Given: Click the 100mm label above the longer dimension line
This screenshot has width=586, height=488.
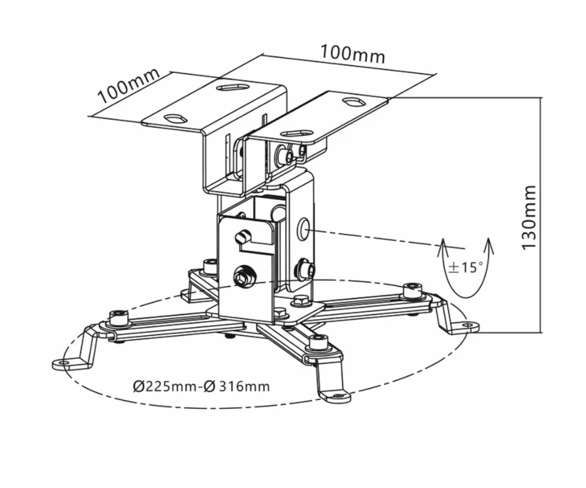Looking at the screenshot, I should pyautogui.click(x=353, y=53).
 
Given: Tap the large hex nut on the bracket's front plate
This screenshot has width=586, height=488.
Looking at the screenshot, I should pyautogui.click(x=243, y=276).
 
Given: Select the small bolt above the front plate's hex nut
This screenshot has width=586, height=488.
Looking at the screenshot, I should pyautogui.click(x=241, y=237).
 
